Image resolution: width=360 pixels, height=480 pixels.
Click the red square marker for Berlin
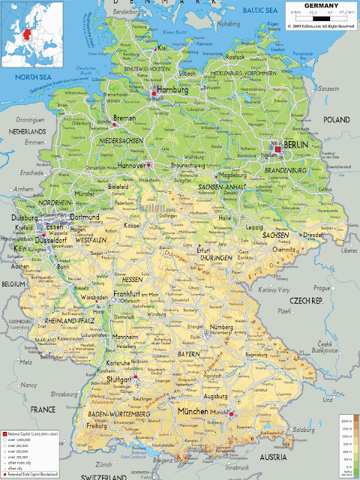[x=278, y=149]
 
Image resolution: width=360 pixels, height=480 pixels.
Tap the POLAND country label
[x=336, y=120]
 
